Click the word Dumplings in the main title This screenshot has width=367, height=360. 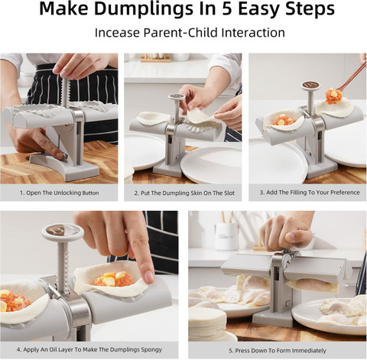[x=144, y=10]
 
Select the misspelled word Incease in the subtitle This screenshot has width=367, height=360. [x=117, y=33]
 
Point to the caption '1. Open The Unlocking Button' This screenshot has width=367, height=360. [x=59, y=193]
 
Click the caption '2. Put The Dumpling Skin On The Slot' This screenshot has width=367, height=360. [x=184, y=193]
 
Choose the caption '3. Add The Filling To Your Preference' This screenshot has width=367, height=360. [x=310, y=193]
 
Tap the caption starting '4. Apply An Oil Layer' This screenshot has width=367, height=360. [x=89, y=349]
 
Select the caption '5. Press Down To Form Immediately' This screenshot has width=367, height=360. [x=278, y=351]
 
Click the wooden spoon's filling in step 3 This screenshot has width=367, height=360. [x=333, y=96]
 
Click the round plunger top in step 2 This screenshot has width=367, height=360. [x=177, y=97]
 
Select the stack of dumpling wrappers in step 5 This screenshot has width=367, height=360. [x=208, y=323]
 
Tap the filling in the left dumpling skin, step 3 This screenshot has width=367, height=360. [x=284, y=120]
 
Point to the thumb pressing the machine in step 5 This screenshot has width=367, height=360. [x=293, y=236]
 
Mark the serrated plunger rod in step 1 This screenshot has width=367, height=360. [x=65, y=92]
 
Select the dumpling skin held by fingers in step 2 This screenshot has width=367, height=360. [x=201, y=116]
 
